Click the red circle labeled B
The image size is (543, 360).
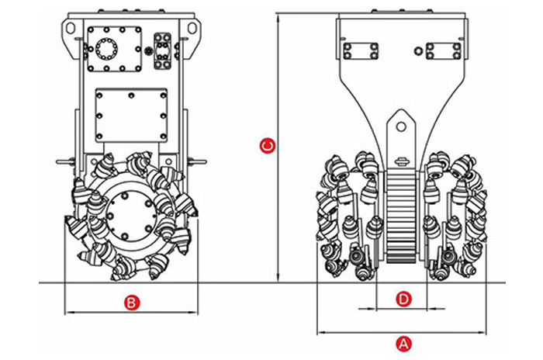pos(132,303)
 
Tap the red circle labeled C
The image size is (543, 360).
pos(266,145)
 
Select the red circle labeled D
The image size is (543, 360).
pos(403,299)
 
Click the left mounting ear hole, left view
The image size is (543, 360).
pos(71,27)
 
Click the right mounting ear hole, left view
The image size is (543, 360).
pos(189,28)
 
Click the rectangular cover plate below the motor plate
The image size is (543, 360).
pos(131,115)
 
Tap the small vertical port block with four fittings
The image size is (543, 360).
pos(163,50)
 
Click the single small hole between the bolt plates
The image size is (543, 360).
pos(419,52)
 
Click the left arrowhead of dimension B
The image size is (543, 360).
pos(68,313)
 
